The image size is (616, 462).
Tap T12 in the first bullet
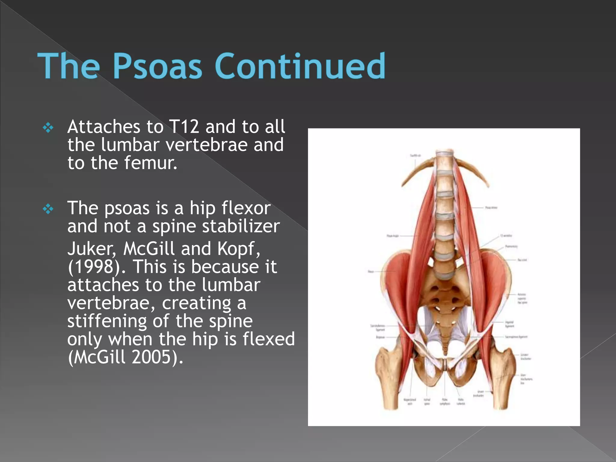click(x=184, y=127)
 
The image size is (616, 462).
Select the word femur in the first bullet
click(x=151, y=163)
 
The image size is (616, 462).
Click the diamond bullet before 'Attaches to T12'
click(x=48, y=128)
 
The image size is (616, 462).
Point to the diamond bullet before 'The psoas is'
click(x=48, y=209)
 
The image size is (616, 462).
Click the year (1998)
click(x=97, y=267)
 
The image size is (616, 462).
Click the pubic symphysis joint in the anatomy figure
click(x=445, y=365)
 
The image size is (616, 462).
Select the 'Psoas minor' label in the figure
click(x=491, y=208)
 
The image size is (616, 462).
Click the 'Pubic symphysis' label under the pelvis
click(x=445, y=402)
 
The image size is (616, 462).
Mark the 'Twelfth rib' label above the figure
click(x=415, y=156)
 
